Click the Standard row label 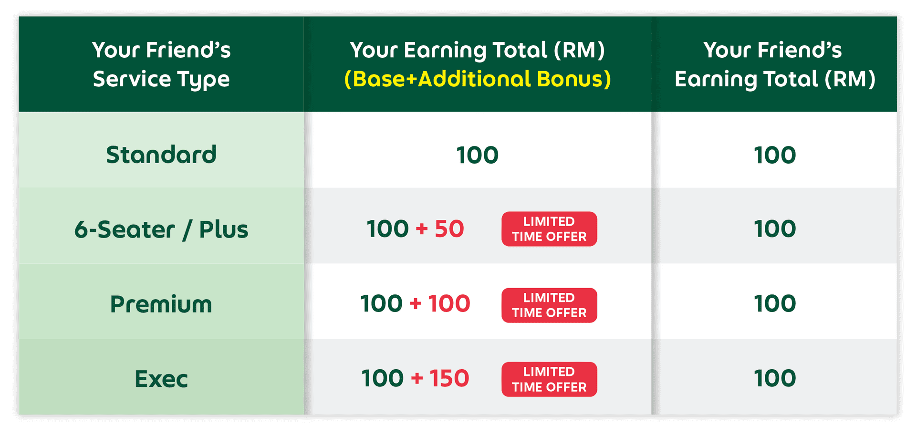tap(161, 155)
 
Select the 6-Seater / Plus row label tap(161, 229)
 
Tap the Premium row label tap(161, 304)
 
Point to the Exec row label tap(161, 379)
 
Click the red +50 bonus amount tap(440, 229)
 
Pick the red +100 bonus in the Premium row tap(440, 304)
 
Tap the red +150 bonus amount tap(440, 379)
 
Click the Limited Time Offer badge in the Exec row tap(549, 379)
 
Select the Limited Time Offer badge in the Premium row tap(549, 305)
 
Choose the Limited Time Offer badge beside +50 tap(549, 229)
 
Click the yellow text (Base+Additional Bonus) tap(478, 79)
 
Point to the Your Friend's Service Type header tap(161, 65)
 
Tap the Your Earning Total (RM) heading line tap(478, 50)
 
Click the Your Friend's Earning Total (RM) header tap(775, 65)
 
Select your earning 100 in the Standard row tap(478, 155)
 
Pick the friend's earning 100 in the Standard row tap(775, 155)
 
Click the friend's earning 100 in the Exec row tap(775, 379)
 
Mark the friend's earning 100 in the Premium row tap(775, 304)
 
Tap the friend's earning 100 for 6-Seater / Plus tap(775, 229)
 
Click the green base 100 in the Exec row tap(383, 379)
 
